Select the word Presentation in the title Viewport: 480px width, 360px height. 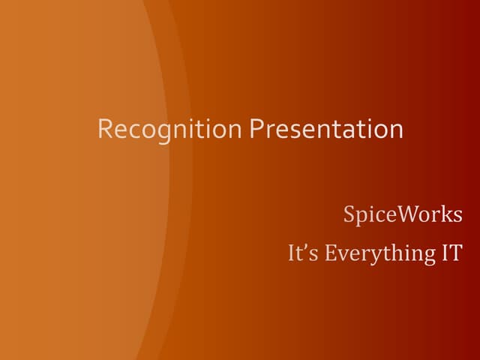326,129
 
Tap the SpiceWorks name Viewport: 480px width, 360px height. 403,214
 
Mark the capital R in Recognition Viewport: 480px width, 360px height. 104,129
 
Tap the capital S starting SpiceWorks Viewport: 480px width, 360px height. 349,214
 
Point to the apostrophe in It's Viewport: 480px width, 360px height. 304,247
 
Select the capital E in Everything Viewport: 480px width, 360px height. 331,253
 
